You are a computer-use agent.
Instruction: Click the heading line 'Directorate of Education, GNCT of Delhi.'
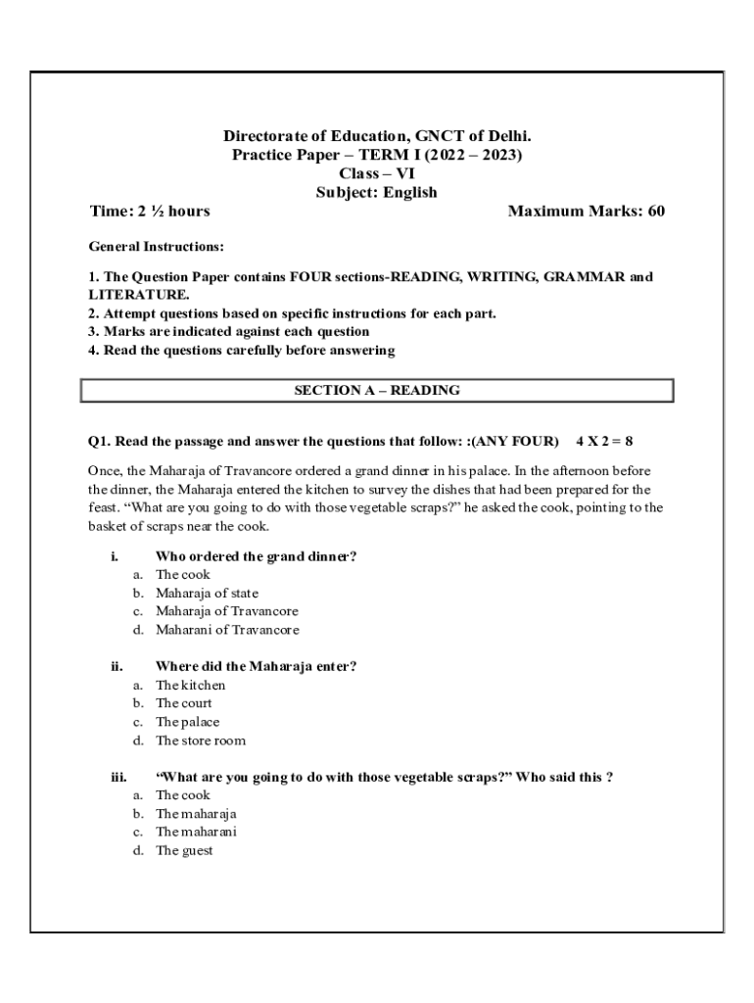pyautogui.click(x=377, y=136)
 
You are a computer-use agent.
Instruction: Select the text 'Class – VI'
pyautogui.click(x=377, y=173)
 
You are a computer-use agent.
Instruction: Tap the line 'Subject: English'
pyautogui.click(x=377, y=192)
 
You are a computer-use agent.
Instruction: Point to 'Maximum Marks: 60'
pyautogui.click(x=587, y=211)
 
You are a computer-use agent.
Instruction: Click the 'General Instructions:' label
pyautogui.click(x=156, y=247)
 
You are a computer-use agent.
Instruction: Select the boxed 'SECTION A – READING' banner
pyautogui.click(x=377, y=390)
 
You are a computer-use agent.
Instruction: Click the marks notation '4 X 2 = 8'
pyautogui.click(x=611, y=441)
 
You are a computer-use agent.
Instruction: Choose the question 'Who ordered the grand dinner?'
pyautogui.click(x=256, y=556)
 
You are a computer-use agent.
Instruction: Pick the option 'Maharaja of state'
pyautogui.click(x=207, y=593)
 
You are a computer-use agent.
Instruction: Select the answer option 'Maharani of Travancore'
pyautogui.click(x=227, y=630)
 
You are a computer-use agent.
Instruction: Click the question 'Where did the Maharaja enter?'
pyautogui.click(x=256, y=666)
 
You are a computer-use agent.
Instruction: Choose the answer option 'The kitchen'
pyautogui.click(x=190, y=685)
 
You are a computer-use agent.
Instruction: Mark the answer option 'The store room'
pyautogui.click(x=201, y=740)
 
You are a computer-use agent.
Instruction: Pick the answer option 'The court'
pyautogui.click(x=183, y=703)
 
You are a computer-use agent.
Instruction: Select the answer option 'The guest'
pyautogui.click(x=184, y=850)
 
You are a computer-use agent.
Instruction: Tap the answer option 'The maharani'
pyautogui.click(x=196, y=832)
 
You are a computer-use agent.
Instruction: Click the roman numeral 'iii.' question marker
pyautogui.click(x=118, y=777)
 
